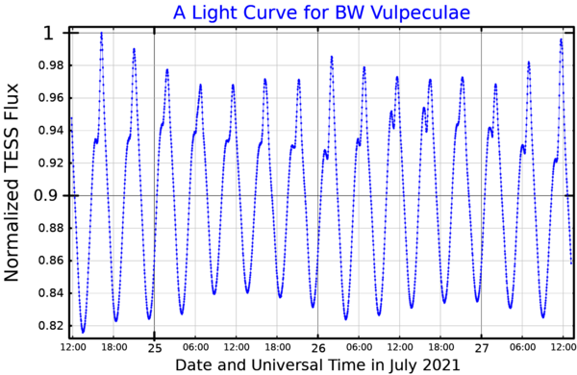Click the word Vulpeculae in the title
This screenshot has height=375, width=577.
420,12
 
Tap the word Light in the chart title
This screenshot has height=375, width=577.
216,13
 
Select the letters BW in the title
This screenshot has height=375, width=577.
350,12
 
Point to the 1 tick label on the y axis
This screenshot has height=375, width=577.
49,34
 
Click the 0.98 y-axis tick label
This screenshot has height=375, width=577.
51,65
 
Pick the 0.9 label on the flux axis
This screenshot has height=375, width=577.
45,195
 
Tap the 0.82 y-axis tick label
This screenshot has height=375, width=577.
51,326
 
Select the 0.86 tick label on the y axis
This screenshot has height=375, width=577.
51,261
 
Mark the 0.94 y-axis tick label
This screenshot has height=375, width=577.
51,130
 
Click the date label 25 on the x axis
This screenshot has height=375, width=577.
155,348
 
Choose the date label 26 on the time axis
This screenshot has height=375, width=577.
318,348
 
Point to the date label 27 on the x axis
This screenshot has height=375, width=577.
482,348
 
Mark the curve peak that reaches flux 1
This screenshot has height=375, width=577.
102,34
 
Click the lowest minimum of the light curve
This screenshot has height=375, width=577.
83,332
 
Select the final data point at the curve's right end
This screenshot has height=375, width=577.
571,263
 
